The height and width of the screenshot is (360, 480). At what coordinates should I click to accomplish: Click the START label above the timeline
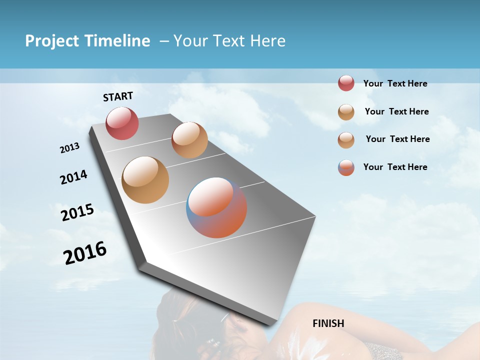[118, 96]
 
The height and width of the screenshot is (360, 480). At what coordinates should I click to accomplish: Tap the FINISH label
[328, 323]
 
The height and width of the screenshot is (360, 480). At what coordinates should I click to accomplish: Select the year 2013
[70, 148]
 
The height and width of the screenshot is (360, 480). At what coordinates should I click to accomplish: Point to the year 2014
[73, 177]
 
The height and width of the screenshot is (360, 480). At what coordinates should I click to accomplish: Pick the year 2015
[77, 212]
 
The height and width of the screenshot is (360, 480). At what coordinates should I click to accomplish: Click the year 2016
[85, 253]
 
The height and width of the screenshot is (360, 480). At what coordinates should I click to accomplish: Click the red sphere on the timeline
[122, 123]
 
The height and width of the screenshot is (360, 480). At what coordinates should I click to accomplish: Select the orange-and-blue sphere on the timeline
[216, 207]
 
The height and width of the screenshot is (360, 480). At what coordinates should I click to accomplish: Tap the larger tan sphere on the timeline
[145, 180]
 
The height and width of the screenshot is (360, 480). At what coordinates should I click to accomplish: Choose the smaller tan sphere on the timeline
[189, 140]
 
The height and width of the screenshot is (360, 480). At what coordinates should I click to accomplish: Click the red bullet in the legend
[346, 83]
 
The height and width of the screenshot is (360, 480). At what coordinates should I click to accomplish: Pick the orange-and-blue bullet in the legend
[346, 167]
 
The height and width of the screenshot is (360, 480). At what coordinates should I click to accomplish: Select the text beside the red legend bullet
[395, 84]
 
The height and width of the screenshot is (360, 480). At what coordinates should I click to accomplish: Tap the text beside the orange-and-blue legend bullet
[395, 167]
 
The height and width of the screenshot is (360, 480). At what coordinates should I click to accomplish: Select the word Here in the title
[267, 41]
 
